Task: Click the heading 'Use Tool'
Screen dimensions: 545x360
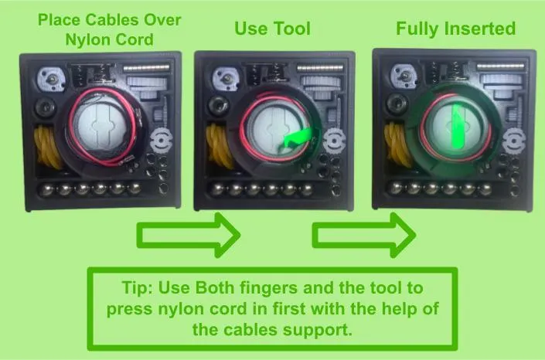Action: click(272, 29)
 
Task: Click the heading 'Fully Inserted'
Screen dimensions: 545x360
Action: click(455, 29)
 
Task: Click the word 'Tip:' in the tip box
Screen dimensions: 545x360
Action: click(138, 287)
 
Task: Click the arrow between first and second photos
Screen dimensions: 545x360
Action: click(189, 236)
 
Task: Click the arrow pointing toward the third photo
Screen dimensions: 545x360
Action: click(364, 236)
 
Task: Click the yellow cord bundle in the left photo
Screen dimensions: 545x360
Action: click(48, 146)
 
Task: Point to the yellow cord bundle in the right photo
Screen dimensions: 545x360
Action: click(398, 146)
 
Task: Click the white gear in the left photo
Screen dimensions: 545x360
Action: click(162, 141)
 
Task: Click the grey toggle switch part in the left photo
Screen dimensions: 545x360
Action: click(52, 80)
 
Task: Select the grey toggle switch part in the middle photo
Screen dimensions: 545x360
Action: click(227, 80)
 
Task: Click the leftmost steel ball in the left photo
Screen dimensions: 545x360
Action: click(46, 190)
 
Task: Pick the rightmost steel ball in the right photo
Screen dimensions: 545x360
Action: click(485, 189)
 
